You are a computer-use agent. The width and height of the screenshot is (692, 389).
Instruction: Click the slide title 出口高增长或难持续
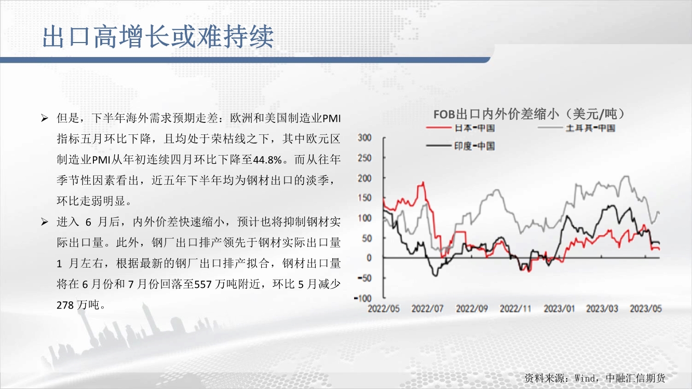(158, 37)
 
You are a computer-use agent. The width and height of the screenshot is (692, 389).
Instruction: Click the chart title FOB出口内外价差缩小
(496, 115)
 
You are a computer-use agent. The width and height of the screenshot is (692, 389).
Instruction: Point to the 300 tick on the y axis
(364, 137)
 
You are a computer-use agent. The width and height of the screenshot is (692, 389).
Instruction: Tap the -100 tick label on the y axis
(363, 298)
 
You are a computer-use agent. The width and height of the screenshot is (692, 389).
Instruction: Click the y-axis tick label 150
(364, 198)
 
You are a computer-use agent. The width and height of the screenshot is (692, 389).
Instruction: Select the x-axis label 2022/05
(384, 309)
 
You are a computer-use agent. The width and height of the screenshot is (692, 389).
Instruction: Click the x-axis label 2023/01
(559, 309)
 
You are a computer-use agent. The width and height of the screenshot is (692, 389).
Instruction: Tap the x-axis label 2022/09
(472, 309)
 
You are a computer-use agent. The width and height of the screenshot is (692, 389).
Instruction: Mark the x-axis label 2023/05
(646, 309)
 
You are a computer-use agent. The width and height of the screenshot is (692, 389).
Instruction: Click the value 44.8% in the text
(267, 160)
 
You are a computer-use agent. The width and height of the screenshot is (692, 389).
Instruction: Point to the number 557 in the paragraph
(203, 284)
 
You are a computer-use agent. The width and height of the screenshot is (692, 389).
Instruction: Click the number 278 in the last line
(65, 305)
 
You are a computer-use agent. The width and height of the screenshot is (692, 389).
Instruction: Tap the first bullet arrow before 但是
(45, 118)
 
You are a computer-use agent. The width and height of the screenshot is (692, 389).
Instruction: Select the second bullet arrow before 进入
(45, 222)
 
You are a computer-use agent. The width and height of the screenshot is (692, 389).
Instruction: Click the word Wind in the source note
(586, 378)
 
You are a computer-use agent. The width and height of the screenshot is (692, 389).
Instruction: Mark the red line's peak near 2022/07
(423, 182)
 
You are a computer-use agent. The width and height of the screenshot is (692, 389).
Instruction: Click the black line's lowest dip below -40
(436, 275)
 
